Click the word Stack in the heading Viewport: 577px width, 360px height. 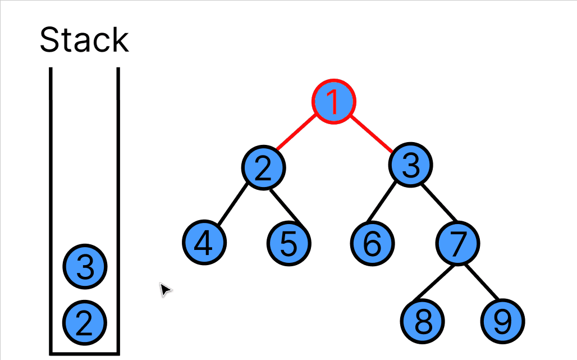click(84, 40)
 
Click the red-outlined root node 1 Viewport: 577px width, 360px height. click(333, 102)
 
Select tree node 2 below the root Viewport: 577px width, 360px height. click(264, 167)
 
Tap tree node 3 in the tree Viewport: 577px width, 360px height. click(411, 165)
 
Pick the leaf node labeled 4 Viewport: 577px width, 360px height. click(204, 242)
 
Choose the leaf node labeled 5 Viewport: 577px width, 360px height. click(288, 243)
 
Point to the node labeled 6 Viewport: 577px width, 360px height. click(373, 243)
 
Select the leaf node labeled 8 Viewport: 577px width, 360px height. click(423, 321)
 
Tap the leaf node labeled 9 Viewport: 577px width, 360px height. click(503, 321)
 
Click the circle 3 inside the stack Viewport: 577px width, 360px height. click(85, 266)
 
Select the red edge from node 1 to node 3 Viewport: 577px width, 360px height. click(372, 134)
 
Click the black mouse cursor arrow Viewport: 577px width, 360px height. click(165, 289)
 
